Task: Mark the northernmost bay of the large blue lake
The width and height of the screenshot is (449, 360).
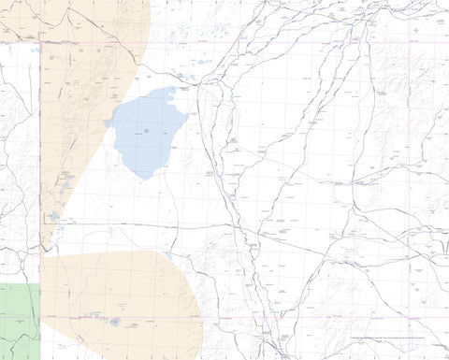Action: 171,91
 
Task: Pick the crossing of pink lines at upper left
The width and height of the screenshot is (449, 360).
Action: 40,42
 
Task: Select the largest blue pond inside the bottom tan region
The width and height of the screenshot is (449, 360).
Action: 115,322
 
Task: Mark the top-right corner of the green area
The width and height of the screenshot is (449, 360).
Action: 40,283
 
